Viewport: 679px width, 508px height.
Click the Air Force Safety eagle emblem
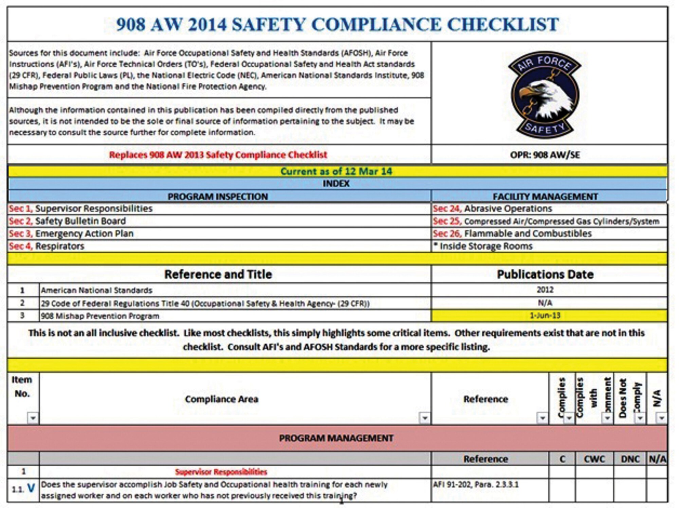[x=545, y=94]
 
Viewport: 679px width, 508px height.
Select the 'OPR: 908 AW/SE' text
[x=545, y=155]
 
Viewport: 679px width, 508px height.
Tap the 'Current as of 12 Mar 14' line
[x=336, y=171]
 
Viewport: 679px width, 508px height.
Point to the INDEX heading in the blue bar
[x=336, y=184]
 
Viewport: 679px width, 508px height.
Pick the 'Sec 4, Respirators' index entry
[x=47, y=246]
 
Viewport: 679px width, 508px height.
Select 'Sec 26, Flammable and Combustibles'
[x=512, y=233]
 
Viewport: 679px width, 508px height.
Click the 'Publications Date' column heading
[x=545, y=274]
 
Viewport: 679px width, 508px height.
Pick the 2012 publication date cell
[x=545, y=290]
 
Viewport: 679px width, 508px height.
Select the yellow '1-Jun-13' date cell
[x=545, y=316]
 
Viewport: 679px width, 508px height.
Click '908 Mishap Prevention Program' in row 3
[x=100, y=316]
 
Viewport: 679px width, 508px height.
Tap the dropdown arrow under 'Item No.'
[x=33, y=418]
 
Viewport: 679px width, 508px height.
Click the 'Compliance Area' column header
[x=221, y=399]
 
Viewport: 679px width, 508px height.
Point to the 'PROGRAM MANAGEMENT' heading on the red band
[x=336, y=438]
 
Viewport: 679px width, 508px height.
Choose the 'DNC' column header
[x=630, y=459]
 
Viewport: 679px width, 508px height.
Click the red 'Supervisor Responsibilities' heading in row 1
[x=221, y=472]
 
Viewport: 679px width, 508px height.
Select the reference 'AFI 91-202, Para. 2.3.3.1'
[x=476, y=485]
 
